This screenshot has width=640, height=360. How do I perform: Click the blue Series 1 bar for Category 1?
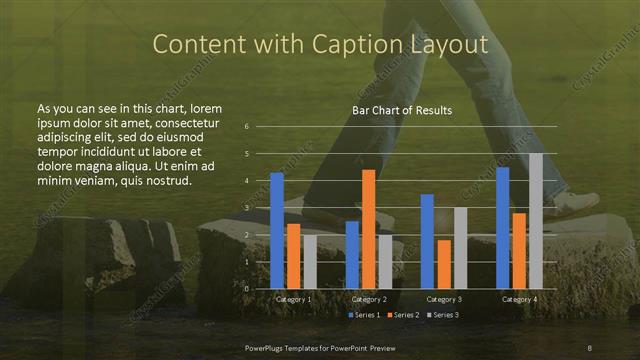point(277,231)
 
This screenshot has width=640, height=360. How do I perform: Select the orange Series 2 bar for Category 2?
point(368,229)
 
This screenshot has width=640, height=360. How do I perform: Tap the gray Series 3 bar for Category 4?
point(535,221)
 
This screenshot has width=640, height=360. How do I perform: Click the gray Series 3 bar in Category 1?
point(309,262)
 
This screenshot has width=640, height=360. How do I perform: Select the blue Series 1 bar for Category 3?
point(427,241)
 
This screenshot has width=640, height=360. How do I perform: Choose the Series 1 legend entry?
point(362,315)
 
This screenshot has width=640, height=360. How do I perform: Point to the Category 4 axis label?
point(518,299)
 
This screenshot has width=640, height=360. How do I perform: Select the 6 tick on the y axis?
point(246,127)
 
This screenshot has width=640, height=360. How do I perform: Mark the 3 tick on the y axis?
point(246,208)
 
